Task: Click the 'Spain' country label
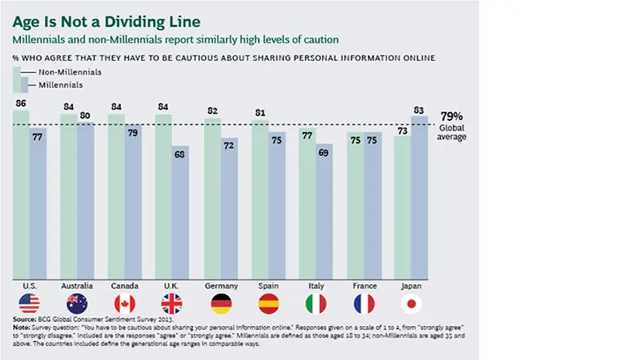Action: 267,285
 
